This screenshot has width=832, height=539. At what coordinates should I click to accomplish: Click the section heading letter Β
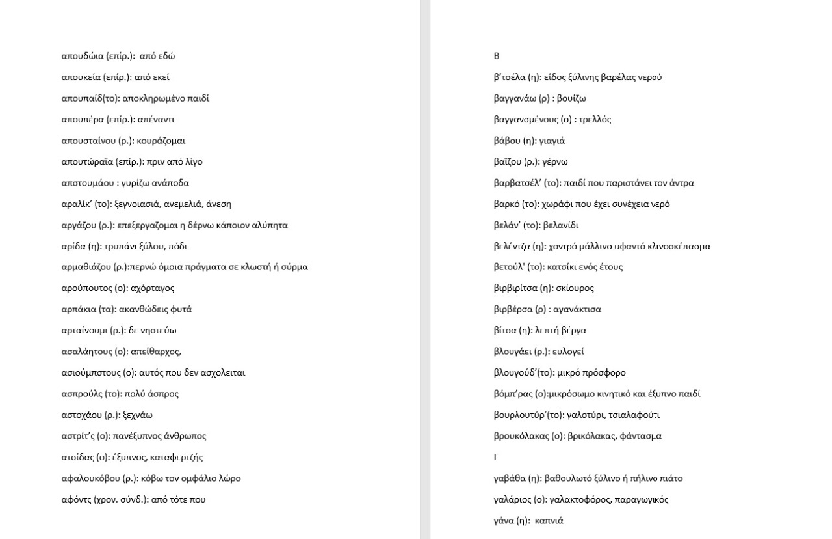pos(497,56)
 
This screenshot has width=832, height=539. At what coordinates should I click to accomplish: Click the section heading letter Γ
pos(497,457)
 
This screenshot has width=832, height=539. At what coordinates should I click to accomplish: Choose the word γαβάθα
pos(510,478)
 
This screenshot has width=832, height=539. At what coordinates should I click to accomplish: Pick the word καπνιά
pos(549,521)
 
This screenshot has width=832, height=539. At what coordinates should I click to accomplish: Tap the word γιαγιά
pos(552,141)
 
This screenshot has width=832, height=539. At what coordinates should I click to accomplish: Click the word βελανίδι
pos(560,225)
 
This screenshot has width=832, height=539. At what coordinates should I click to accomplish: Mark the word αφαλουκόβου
pos(91,478)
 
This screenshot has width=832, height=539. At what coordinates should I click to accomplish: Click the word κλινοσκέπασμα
pos(676,246)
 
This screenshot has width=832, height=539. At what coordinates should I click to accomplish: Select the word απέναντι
pos(157,119)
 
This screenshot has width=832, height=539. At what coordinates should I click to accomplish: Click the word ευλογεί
pos(568,352)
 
